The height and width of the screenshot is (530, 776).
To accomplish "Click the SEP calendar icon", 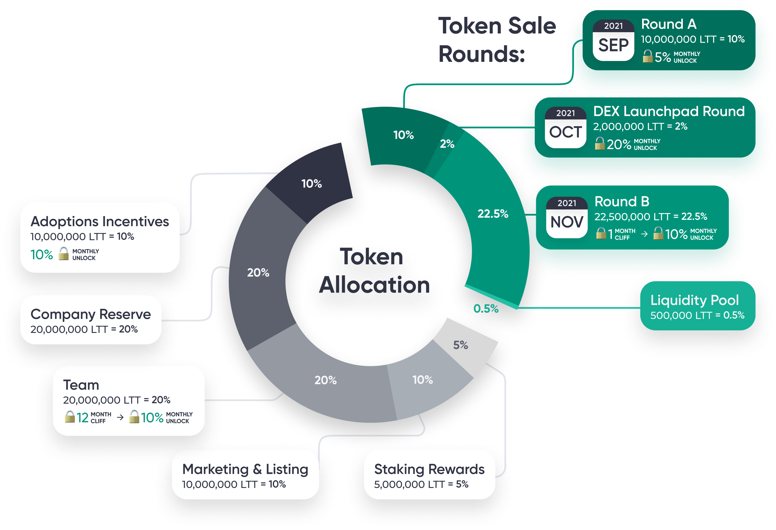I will [x=613, y=40].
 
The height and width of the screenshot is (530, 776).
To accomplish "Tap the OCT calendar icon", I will [x=565, y=128].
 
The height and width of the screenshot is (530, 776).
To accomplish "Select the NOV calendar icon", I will [x=567, y=218].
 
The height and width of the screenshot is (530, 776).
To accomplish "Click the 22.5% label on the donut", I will [x=493, y=213].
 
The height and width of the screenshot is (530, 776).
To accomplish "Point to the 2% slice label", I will [x=447, y=144].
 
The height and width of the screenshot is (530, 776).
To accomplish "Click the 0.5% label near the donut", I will [x=486, y=309].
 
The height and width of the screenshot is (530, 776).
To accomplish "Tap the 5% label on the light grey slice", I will [x=460, y=345].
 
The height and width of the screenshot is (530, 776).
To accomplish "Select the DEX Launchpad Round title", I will [x=669, y=111].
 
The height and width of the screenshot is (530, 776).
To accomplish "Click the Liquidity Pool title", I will [x=695, y=300].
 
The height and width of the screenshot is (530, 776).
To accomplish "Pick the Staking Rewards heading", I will [x=429, y=469].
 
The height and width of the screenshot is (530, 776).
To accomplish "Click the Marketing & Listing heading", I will [x=245, y=469].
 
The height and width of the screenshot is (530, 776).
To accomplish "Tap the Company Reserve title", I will [x=90, y=314].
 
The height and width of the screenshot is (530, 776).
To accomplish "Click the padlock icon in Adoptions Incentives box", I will [x=64, y=254].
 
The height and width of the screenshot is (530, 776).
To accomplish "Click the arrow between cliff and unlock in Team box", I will [x=120, y=417].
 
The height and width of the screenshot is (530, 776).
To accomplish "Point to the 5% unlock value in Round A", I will [x=662, y=57].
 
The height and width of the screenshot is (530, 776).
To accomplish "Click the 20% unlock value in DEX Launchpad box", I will [x=619, y=145].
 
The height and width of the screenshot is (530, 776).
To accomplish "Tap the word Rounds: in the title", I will [x=481, y=54].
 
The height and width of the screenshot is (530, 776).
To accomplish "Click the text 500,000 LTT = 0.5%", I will [x=697, y=315].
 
